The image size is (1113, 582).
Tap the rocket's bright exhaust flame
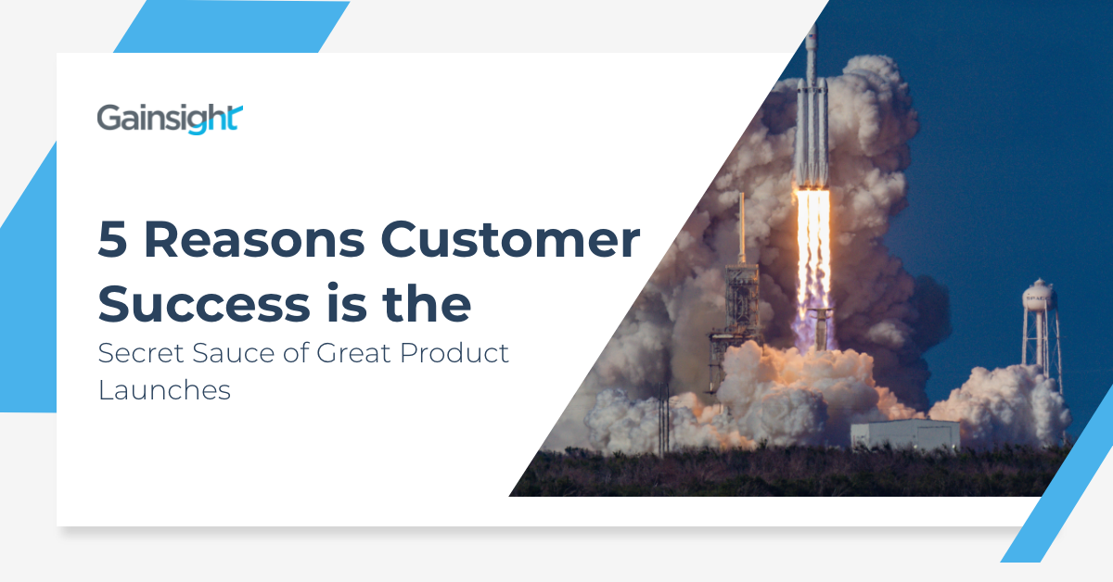[x=813, y=241]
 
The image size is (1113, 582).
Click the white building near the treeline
[x=905, y=435]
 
